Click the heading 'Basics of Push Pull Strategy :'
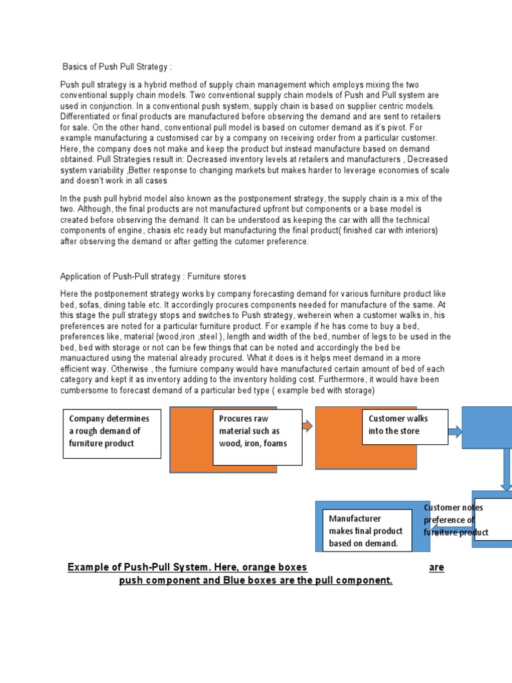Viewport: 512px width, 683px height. (x=117, y=67)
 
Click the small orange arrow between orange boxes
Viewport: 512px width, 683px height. (x=308, y=426)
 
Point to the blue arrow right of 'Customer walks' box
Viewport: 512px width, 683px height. (x=455, y=432)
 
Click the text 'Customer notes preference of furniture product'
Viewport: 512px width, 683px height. (x=457, y=520)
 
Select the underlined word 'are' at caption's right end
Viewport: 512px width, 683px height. (x=436, y=568)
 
